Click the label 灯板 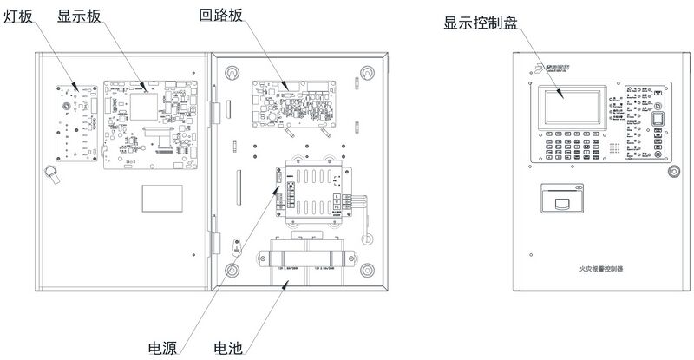tap(18, 16)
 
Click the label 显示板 tap(80, 16)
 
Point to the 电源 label tap(162, 349)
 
